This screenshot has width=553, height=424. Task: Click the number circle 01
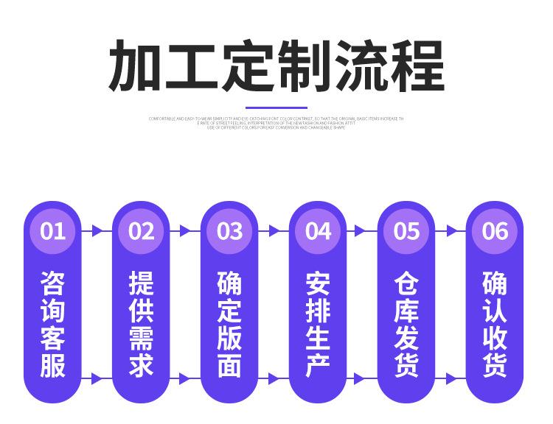52,231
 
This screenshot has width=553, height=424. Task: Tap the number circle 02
141,231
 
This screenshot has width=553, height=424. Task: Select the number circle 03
229,231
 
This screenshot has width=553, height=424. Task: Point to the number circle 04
318,231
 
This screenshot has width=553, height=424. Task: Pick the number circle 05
406,231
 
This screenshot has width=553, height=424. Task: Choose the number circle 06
495,231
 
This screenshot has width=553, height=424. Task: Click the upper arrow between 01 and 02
97,231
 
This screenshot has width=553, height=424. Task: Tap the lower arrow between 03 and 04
274,380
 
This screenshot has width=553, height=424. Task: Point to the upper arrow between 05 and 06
451,231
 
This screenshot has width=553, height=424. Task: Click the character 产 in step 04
318,364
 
